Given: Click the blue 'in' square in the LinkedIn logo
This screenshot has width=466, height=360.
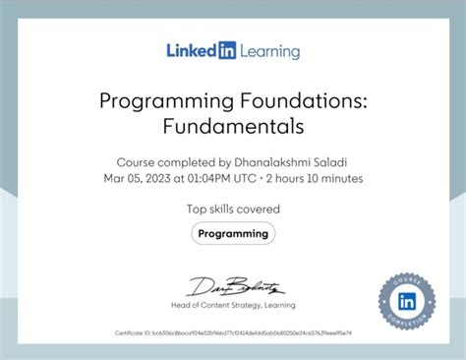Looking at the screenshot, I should click(x=227, y=50).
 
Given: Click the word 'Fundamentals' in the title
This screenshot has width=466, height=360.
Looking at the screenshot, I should click(x=233, y=127).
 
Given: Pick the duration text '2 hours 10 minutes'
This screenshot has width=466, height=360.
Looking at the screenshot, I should click(x=321, y=179).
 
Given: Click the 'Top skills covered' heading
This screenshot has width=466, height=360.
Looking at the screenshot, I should click(x=233, y=209).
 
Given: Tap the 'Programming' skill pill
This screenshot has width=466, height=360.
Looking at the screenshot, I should click(x=233, y=234).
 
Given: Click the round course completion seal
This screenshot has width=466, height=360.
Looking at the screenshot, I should click(x=406, y=299).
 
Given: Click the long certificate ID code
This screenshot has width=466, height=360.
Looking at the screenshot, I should click(x=252, y=333).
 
